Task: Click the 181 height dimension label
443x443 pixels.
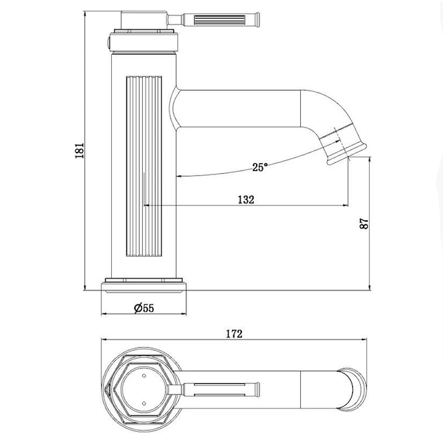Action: click(79, 150)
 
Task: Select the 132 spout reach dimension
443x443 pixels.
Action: click(246, 200)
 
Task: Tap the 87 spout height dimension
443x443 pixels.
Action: click(364, 224)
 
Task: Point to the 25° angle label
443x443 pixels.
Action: click(259, 167)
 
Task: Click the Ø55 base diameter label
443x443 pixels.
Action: click(144, 308)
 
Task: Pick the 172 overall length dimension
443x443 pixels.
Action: click(234, 334)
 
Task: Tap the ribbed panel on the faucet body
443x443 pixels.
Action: click(144, 166)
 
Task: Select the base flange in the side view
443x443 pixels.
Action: click(144, 285)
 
